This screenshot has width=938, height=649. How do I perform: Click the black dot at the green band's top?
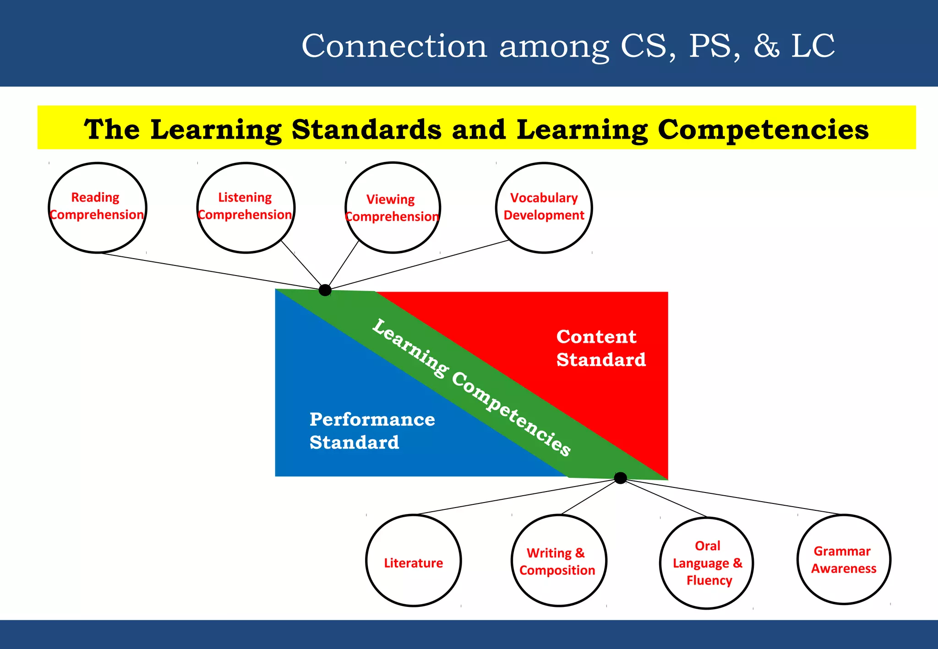tap(325, 290)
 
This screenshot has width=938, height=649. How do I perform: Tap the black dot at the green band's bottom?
tap(620, 478)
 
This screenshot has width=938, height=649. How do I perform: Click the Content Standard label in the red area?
tap(600, 348)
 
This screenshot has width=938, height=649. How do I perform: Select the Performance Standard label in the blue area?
tap(371, 431)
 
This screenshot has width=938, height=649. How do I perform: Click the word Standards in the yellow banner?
tap(366, 130)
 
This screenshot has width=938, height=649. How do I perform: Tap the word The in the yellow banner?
tap(112, 130)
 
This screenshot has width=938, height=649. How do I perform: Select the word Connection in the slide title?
tap(394, 46)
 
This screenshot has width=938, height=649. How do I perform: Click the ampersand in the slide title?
tap(766, 46)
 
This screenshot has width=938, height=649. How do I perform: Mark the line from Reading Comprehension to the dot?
tap(211, 271)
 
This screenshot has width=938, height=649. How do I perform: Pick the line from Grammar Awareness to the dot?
tap(733, 497)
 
